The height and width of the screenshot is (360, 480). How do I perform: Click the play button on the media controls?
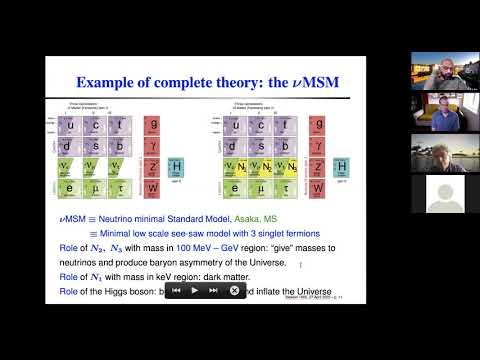click(x=195, y=290)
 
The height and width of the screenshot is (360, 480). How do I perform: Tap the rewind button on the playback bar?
click(x=176, y=290)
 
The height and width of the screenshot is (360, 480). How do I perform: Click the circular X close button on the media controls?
click(x=234, y=290)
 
